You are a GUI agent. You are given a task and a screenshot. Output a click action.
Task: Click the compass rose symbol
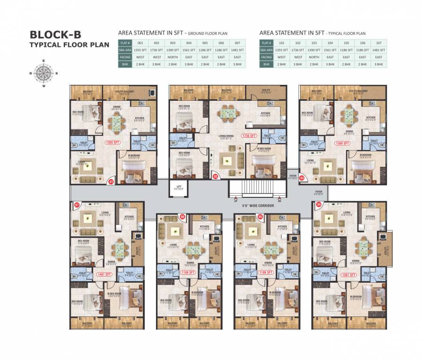coord(44,73)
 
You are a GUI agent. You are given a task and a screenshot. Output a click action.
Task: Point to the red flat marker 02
coord(216,177)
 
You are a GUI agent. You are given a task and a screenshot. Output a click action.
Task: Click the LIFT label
coord(178,187)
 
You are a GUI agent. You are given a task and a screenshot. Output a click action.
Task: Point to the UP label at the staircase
coord(230,200)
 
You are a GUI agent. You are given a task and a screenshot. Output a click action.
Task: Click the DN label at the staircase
coord(279,200)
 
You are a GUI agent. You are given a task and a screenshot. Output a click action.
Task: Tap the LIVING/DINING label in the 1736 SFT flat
coord(227,136)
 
